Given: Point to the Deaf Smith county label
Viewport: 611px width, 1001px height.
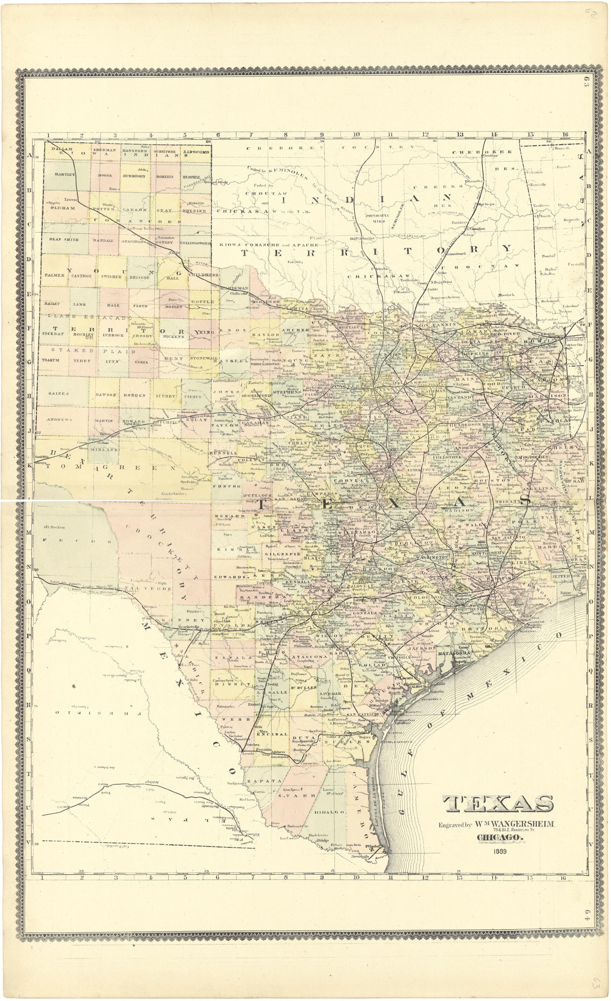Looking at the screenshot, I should click(64, 239).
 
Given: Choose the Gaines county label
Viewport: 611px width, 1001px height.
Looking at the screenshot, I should click(58, 393).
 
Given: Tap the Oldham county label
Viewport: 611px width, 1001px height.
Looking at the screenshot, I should click(63, 208).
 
